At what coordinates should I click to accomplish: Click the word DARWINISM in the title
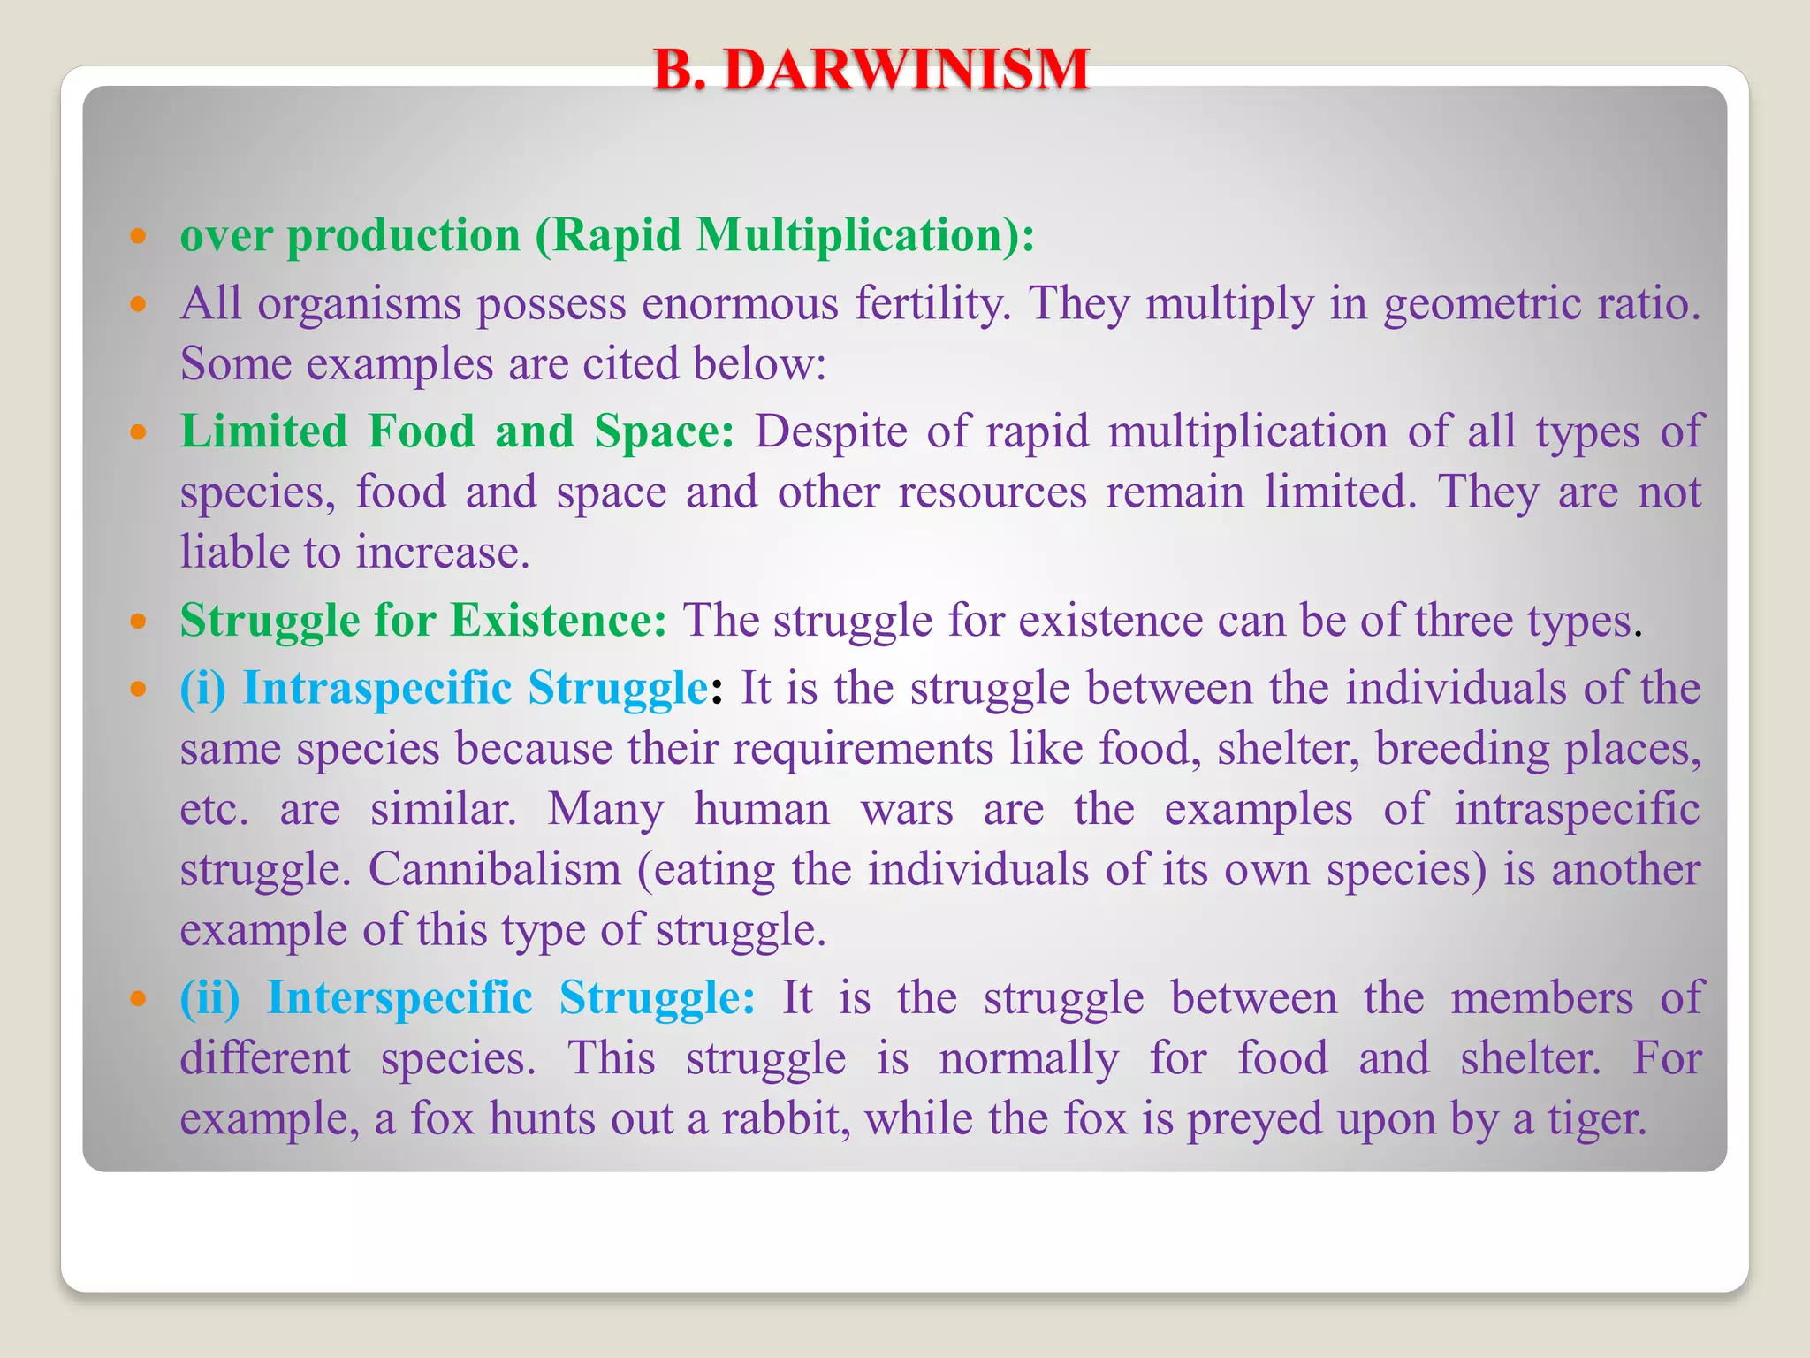906,70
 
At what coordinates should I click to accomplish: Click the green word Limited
264,432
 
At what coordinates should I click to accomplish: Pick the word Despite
830,432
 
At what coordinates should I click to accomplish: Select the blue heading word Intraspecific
376,688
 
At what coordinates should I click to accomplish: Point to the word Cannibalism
494,869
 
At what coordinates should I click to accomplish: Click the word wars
907,809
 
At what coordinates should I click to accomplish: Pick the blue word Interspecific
399,998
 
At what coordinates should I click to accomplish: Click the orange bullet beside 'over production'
137,236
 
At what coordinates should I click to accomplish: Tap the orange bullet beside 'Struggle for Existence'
137,622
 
